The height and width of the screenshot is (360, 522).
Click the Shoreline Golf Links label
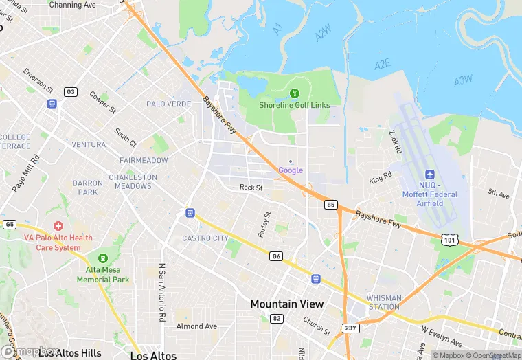click(294, 105)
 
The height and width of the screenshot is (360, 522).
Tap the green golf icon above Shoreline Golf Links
click(295, 93)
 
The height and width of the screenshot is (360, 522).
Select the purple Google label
click(291, 170)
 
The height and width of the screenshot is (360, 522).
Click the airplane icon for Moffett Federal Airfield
click(431, 175)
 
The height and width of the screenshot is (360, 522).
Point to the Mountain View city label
click(286, 304)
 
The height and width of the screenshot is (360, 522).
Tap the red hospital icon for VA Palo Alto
click(58, 226)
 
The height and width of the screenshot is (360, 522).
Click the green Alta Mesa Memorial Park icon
click(103, 258)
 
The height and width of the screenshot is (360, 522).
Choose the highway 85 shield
click(331, 204)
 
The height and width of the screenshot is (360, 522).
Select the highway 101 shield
click(450, 238)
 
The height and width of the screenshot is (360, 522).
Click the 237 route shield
click(350, 328)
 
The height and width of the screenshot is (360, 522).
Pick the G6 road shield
click(277, 256)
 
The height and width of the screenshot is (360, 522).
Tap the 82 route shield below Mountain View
click(277, 318)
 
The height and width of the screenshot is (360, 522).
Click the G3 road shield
click(70, 91)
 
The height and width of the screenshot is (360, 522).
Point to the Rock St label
click(251, 188)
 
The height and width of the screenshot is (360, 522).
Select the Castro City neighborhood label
click(205, 238)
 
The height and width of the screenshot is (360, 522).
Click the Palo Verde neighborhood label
click(169, 104)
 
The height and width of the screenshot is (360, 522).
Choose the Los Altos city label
click(153, 355)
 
